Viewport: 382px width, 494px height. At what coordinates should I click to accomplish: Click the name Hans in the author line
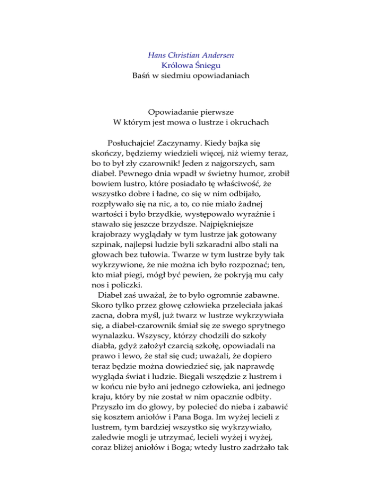[159, 55]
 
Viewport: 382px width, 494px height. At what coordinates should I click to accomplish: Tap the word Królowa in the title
[178, 66]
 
